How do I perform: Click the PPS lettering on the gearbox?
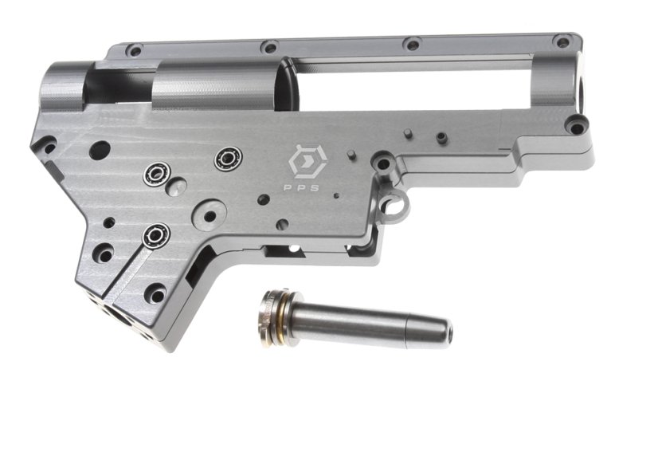coord(301,188)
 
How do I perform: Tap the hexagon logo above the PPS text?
coord(307,162)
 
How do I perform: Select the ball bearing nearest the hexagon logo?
coord(229,159)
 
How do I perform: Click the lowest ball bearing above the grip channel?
coord(155,235)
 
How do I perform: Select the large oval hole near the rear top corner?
coord(100,151)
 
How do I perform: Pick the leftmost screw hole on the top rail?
coord(135,51)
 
